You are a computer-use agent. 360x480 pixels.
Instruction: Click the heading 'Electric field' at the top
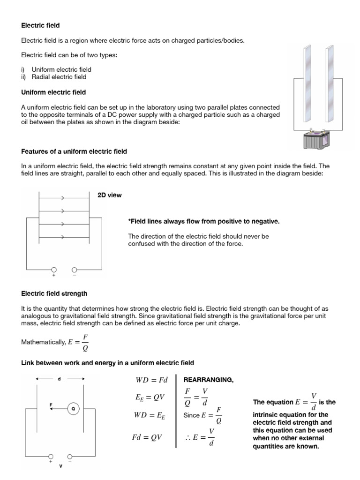(x=40, y=25)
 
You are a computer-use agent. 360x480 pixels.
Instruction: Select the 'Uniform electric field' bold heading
(x=53, y=92)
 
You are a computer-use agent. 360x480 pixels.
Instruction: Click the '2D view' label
(x=109, y=195)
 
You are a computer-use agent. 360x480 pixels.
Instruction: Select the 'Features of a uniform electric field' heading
(x=74, y=151)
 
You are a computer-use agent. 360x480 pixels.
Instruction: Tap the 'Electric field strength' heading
(x=54, y=294)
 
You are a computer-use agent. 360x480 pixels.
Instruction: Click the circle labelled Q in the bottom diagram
(x=73, y=409)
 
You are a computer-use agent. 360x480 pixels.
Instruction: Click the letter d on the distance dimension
(x=60, y=379)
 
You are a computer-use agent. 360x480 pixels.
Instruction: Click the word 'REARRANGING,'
(x=208, y=380)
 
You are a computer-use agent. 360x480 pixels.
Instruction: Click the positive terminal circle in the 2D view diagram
(x=54, y=270)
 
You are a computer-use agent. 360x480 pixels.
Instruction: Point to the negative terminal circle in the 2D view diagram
(x=74, y=270)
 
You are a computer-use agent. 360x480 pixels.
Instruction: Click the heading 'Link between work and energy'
(x=107, y=363)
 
